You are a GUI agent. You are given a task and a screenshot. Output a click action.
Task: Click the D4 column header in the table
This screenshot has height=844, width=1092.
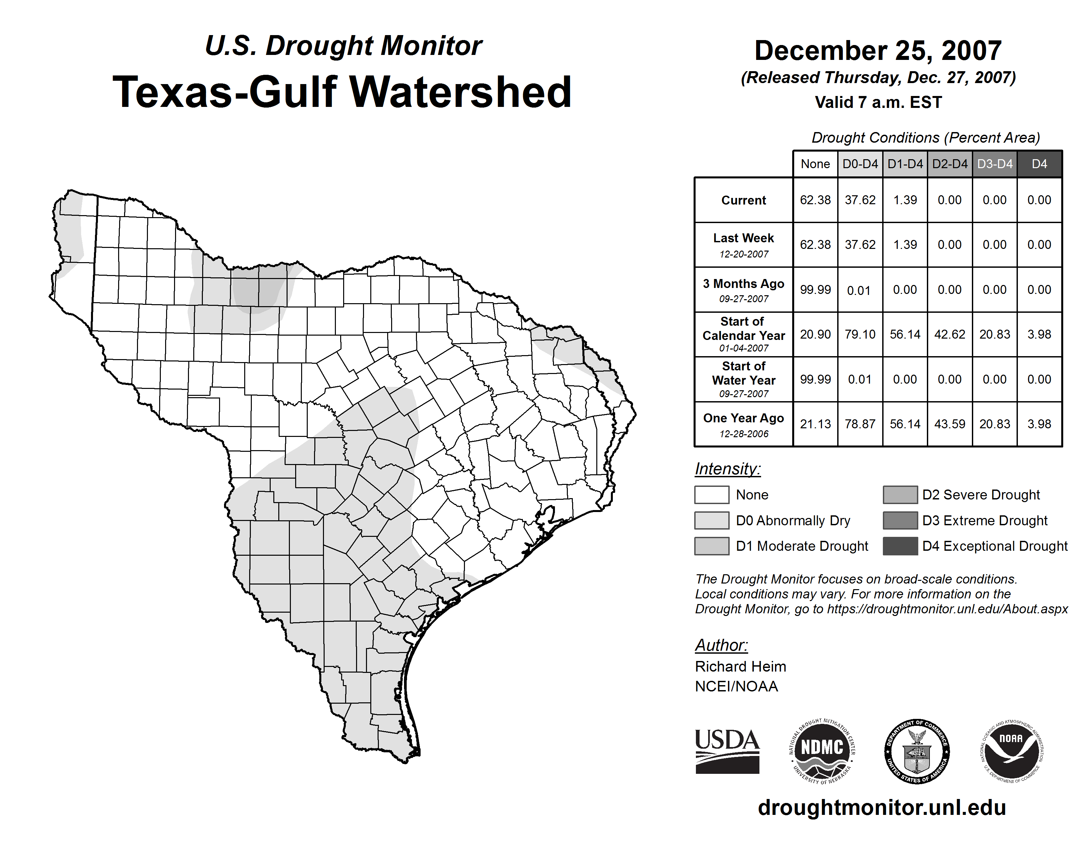pyautogui.click(x=1039, y=164)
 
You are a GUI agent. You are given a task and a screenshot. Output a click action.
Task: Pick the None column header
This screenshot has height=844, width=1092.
pyautogui.click(x=815, y=164)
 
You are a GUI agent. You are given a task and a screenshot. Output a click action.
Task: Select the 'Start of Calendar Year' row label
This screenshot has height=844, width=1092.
pyautogui.click(x=744, y=334)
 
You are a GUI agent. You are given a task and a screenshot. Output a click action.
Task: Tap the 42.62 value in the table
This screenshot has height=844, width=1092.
pyautogui.click(x=949, y=334)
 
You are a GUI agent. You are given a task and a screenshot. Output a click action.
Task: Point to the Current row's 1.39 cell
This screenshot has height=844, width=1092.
pyautogui.click(x=905, y=200)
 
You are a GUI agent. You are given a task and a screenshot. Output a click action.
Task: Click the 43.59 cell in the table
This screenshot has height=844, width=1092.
pyautogui.click(x=949, y=424)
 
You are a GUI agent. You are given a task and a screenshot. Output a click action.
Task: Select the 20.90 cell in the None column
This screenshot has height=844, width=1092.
pyautogui.click(x=815, y=334)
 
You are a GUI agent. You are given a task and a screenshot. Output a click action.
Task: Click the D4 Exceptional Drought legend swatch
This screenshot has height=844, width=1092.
pyautogui.click(x=900, y=546)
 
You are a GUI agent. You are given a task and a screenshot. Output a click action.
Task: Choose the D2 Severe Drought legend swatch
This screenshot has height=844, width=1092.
pyautogui.click(x=900, y=494)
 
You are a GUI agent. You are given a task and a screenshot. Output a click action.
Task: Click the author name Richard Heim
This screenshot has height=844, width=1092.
pyautogui.click(x=741, y=667)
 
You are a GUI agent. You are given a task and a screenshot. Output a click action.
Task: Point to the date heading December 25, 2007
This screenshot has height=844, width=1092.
pyautogui.click(x=878, y=51)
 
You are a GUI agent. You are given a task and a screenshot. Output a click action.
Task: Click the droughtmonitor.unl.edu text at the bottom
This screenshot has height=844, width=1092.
pyautogui.click(x=882, y=808)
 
